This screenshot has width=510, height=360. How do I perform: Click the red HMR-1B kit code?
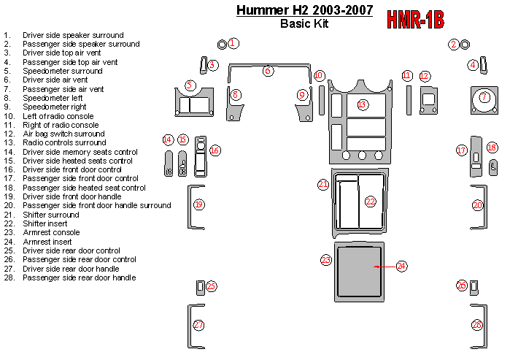pyautogui.click(x=415, y=20)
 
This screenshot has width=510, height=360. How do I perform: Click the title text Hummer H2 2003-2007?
pyautogui.click(x=304, y=10)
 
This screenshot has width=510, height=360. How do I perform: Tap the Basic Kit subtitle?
pyautogui.click(x=304, y=23)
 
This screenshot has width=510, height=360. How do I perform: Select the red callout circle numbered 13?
pyautogui.click(x=362, y=104)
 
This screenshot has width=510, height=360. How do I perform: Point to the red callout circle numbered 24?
pyautogui.click(x=401, y=267)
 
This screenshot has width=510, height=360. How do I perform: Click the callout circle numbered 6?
pyautogui.click(x=268, y=71)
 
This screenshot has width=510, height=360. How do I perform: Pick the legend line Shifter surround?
pyautogui.click(x=51, y=215)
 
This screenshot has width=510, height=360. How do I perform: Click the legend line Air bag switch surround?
pyautogui.click(x=63, y=134)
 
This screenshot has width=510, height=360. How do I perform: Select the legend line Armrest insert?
pyautogui.click(x=47, y=242)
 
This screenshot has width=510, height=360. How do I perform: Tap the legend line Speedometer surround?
pyautogui.click(x=63, y=71)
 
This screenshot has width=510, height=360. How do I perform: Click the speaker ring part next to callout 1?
pyautogui.click(x=222, y=45)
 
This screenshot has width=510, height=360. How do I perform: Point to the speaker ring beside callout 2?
pyautogui.click(x=465, y=45)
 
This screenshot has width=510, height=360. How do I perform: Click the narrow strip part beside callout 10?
pyautogui.click(x=321, y=100)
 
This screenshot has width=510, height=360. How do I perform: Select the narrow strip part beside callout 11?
pyautogui.click(x=409, y=100)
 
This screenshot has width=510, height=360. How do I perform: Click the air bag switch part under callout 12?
pyautogui.click(x=429, y=100)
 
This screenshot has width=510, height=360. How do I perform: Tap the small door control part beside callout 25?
pyautogui.click(x=201, y=288)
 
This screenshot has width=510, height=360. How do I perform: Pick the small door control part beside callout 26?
pyautogui.click(x=474, y=288)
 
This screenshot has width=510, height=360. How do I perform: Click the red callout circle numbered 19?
pyautogui.click(x=198, y=204)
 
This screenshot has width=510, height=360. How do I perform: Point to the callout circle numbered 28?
pyautogui.click(x=477, y=324)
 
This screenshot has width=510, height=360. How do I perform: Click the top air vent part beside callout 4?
pyautogui.click(x=483, y=66)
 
